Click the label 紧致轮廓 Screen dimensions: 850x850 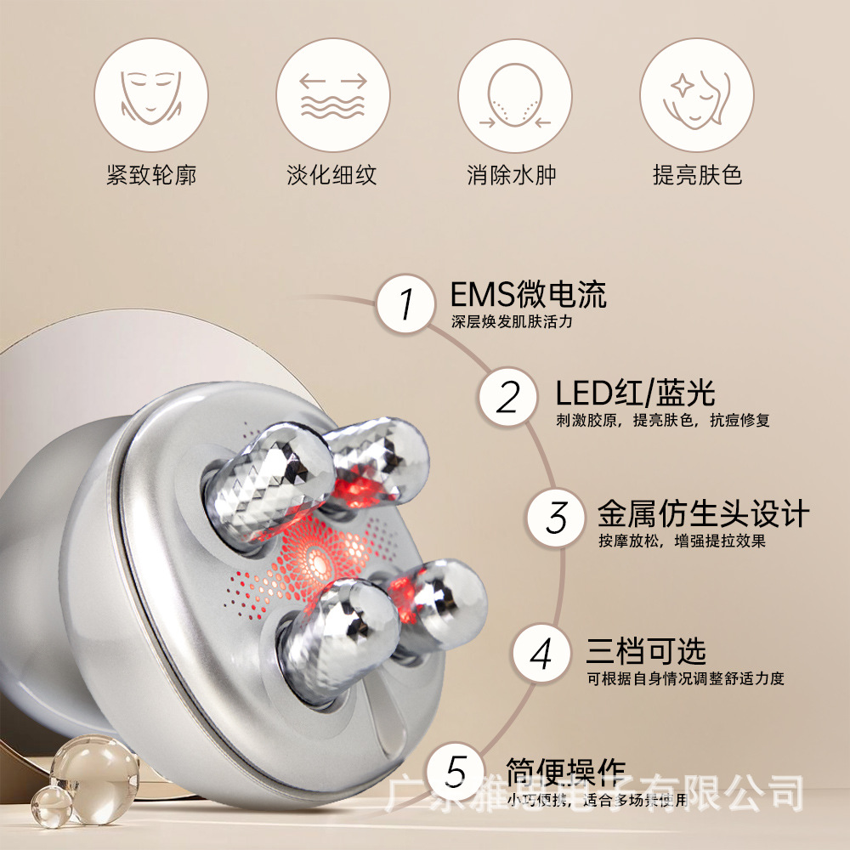151,175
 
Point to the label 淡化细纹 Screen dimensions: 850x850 332,175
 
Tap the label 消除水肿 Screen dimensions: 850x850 514,175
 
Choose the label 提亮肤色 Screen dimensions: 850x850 697,175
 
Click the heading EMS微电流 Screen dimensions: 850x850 528,296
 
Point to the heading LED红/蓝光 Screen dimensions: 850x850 635,393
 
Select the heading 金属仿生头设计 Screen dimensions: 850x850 702,514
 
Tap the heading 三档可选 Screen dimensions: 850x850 645,652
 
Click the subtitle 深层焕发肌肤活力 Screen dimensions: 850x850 513,322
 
